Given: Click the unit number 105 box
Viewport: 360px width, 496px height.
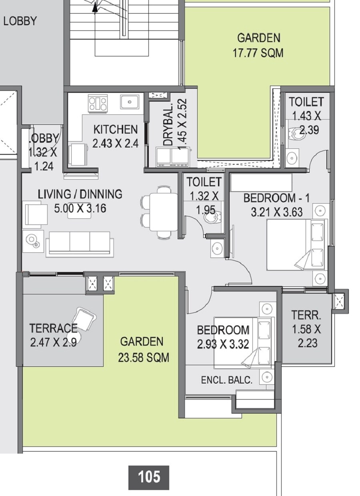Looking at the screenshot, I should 148,477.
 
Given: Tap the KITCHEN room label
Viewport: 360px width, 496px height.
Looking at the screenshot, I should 115,130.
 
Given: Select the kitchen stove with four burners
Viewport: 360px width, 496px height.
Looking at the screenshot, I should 98,103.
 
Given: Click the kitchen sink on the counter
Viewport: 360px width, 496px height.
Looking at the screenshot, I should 130,102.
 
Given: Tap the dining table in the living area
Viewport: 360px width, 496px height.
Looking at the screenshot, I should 164,212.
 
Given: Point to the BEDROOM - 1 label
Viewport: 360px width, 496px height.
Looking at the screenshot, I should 276,198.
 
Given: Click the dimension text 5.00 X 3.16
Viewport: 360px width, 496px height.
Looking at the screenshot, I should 80,208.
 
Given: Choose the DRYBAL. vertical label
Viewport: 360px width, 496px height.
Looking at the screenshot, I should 168,125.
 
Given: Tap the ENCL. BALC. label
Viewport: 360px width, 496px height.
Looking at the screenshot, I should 227,380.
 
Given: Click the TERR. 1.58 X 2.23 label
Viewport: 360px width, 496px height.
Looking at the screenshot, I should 306,329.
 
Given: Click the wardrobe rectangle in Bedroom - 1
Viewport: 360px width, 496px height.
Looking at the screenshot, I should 261,183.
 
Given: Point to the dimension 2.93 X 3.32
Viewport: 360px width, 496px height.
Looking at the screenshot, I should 223,344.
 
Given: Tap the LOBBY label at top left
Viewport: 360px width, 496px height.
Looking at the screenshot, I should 20,21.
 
